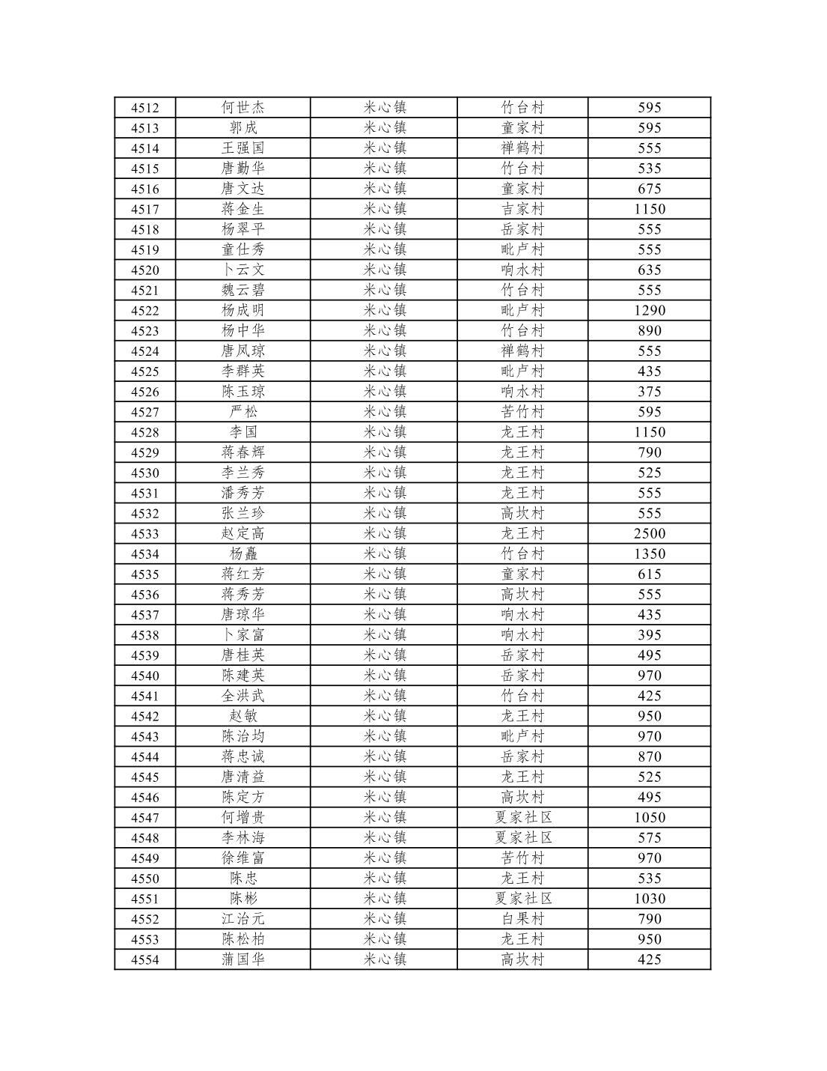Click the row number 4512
pos(144,108)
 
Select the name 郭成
pos(243,128)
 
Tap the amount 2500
pos(649,534)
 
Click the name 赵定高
pos(243,534)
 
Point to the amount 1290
pos(649,311)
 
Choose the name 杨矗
pos(243,554)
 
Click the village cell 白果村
pos(522,919)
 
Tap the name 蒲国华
pos(243,959)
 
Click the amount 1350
pos(649,554)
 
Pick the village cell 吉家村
pos(522,209)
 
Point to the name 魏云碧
pos(243,291)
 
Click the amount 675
pos(649,189)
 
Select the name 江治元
pos(243,919)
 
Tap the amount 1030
pos(649,899)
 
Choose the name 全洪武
pos(243,696)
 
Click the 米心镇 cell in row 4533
pos(385,534)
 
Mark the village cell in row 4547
pos(522,818)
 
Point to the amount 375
pos(649,392)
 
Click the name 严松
pos(243,412)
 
